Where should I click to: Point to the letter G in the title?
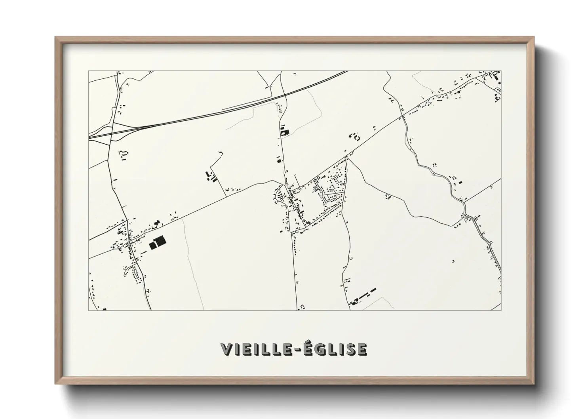point(316,349)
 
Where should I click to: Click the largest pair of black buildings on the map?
point(157,242)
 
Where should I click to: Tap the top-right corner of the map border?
point(501,71)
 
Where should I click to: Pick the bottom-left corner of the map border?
point(89,310)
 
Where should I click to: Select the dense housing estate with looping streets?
point(331,190)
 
